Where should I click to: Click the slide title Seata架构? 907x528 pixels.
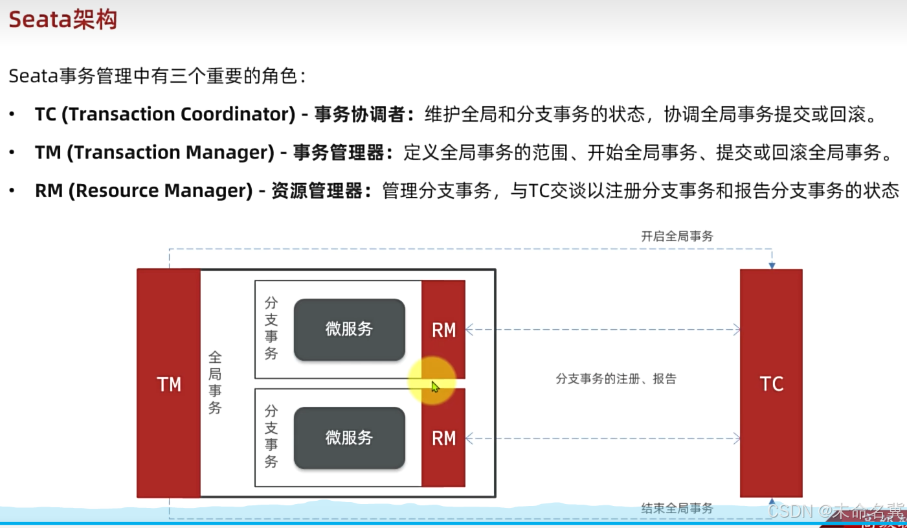63,19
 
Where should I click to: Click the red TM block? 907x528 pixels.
169,384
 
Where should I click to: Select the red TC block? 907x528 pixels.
771,384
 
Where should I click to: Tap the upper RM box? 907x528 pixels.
443,330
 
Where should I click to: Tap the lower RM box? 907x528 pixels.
443,438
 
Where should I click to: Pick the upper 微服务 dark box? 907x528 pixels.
350,329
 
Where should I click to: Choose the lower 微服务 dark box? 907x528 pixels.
350,437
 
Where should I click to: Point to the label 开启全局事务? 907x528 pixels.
677,236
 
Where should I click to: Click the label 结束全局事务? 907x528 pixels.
677,508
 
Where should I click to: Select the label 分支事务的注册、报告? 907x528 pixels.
616,379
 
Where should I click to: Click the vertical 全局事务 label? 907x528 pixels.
215,382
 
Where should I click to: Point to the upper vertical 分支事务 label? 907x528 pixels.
271,328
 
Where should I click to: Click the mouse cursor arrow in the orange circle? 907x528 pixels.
434,386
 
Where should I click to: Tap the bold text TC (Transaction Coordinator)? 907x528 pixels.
165,115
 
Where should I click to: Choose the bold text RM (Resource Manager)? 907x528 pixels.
143,191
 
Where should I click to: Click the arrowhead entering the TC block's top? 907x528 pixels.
771,265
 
